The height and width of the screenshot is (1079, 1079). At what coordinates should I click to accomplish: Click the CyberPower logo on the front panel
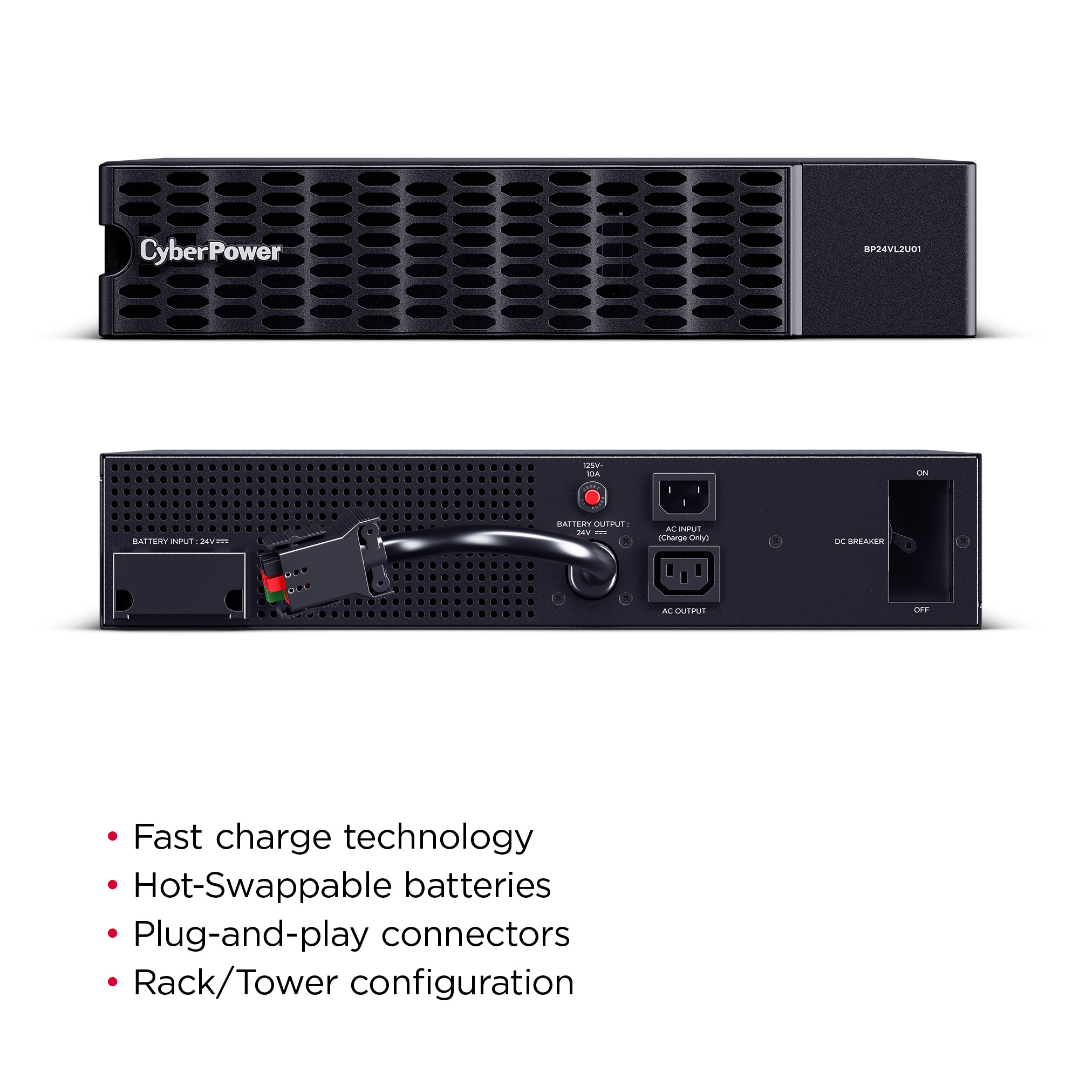click(210, 251)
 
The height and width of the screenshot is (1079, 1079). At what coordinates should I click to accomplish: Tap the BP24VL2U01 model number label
click(892, 249)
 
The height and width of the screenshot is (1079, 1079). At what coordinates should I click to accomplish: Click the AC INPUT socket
click(684, 497)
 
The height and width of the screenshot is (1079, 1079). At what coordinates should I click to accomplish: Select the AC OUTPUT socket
click(684, 574)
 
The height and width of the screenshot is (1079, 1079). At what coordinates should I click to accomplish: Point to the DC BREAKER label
click(859, 541)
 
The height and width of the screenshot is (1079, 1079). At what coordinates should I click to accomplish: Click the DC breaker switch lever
click(903, 541)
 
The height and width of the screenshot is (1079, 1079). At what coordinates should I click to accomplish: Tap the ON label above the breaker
click(922, 473)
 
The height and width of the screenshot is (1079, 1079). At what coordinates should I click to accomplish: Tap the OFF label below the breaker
click(921, 610)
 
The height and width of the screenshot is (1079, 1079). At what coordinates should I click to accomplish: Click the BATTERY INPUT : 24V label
click(180, 541)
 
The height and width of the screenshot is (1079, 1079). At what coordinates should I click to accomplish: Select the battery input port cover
click(179, 585)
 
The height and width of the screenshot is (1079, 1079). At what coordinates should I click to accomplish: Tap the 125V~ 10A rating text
click(593, 470)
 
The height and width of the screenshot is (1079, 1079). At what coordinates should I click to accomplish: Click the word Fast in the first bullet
click(168, 837)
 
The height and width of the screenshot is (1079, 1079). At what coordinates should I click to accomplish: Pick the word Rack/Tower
click(236, 983)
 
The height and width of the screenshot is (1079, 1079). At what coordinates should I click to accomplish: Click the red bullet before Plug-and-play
click(113, 934)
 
